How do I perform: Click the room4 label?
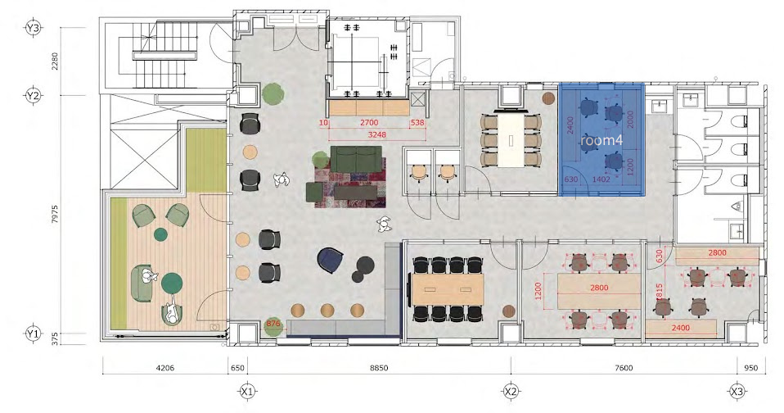pyautogui.click(x=602, y=141)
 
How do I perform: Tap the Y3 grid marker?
pyautogui.click(x=33, y=28)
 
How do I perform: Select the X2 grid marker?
pyautogui.click(x=511, y=392)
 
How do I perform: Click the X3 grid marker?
pyautogui.click(x=737, y=392)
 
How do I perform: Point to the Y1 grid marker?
pyautogui.click(x=33, y=334)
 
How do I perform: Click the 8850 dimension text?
pyautogui.click(x=379, y=368)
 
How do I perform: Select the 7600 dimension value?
pyautogui.click(x=624, y=368)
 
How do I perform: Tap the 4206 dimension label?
pyautogui.click(x=165, y=368)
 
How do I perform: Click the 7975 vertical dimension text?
pyautogui.click(x=55, y=214)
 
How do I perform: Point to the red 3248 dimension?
pyautogui.click(x=377, y=134)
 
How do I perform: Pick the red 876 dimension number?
pyautogui.click(x=273, y=324)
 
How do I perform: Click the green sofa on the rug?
pyautogui.click(x=356, y=159)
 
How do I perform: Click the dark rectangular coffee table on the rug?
pyautogui.click(x=355, y=193)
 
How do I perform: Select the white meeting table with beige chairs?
pyautogui.click(x=511, y=140)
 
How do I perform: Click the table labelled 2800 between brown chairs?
pyautogui.click(x=599, y=291)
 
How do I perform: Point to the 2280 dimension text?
pyautogui.click(x=55, y=61)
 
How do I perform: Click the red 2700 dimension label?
pyautogui.click(x=369, y=123)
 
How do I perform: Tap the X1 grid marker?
pyautogui.click(x=247, y=392)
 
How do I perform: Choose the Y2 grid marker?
pyautogui.click(x=33, y=95)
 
